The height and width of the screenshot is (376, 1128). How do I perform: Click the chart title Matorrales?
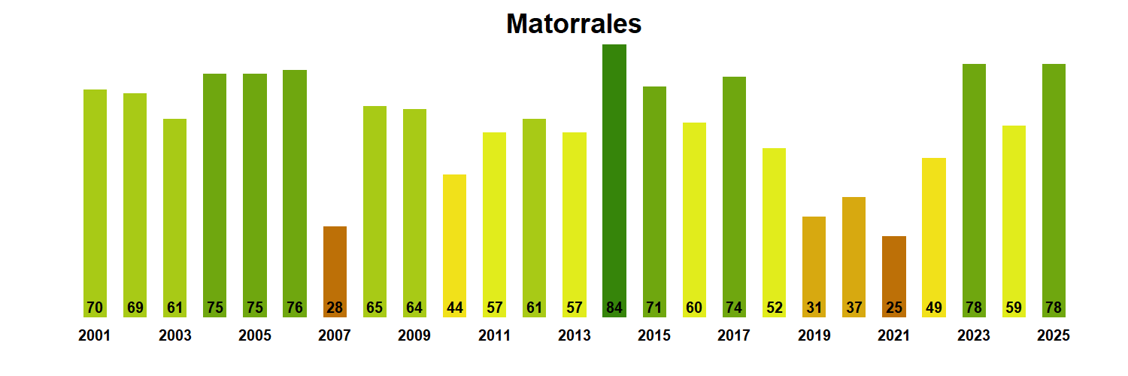click(x=574, y=24)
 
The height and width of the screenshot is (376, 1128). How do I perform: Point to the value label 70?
click(x=95, y=308)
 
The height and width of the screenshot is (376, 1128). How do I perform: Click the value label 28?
click(x=335, y=308)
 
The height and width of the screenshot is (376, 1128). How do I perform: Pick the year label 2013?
click(x=575, y=336)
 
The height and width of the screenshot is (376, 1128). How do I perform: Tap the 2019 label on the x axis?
click(x=814, y=336)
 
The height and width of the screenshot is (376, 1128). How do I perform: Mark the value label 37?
click(x=854, y=308)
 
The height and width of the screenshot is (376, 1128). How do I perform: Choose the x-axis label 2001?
click(x=95, y=336)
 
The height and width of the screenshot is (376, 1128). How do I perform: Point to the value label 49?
click(x=934, y=308)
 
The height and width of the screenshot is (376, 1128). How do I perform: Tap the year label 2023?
click(x=974, y=336)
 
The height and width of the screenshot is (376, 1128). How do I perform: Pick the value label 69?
click(x=135, y=308)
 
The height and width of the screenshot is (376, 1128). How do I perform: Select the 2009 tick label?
click(x=414, y=336)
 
